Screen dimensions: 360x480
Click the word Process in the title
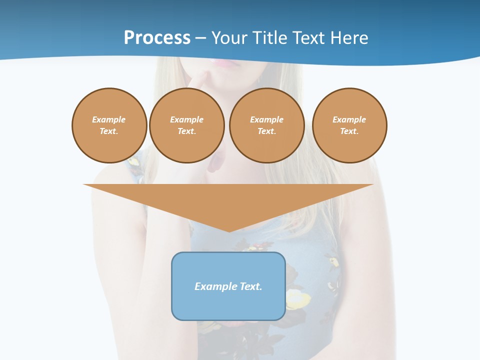pos(157,38)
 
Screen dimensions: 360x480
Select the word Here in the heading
pos(349,38)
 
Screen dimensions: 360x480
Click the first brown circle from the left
pos(109,125)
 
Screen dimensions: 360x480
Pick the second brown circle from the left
pos(187,125)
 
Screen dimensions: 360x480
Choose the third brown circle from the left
pos(267,125)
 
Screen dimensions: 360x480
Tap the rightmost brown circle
pos(349,125)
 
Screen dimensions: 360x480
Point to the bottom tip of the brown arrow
pos(229,231)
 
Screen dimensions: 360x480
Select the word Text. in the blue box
pos(250,286)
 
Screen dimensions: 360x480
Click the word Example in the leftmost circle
pos(109,119)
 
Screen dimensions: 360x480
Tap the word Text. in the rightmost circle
pos(349,131)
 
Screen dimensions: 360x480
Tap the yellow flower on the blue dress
pos(297,300)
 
